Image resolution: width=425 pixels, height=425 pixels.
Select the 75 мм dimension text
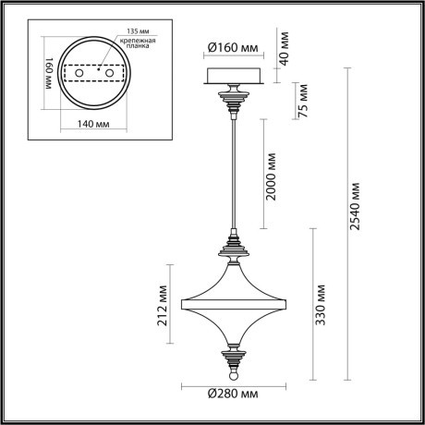click(302, 96)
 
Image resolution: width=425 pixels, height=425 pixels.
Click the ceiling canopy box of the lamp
click(233, 77)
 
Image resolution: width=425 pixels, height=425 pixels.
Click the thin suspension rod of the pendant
click(234, 176)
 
